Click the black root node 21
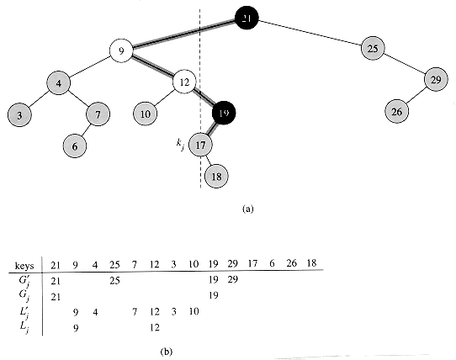(247, 18)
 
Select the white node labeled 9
(121, 51)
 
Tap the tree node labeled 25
(373, 48)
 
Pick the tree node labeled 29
(436, 79)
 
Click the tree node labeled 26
(397, 111)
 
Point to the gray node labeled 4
(59, 83)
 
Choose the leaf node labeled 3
(19, 115)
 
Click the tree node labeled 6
(75, 146)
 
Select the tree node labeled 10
(145, 114)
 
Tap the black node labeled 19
(224, 113)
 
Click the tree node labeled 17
(201, 145)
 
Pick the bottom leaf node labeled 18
(216, 177)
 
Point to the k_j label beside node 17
(180, 145)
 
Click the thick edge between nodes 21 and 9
(184, 33)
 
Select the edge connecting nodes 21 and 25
(310, 33)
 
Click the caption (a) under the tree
(248, 209)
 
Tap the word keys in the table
(24, 266)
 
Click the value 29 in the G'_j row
(233, 279)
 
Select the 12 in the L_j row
(155, 328)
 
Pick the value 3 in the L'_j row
(173, 312)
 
